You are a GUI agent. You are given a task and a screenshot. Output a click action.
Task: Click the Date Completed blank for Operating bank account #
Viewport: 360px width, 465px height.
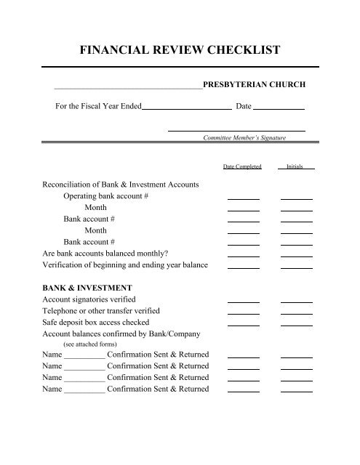tap(243, 198)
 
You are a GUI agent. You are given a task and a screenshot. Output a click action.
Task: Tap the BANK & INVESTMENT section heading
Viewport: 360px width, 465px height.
tap(87, 287)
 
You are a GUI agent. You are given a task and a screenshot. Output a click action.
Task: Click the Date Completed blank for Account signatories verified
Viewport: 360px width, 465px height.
tap(243, 300)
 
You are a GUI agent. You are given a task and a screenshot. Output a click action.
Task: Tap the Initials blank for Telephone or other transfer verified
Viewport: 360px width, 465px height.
tap(296, 312)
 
